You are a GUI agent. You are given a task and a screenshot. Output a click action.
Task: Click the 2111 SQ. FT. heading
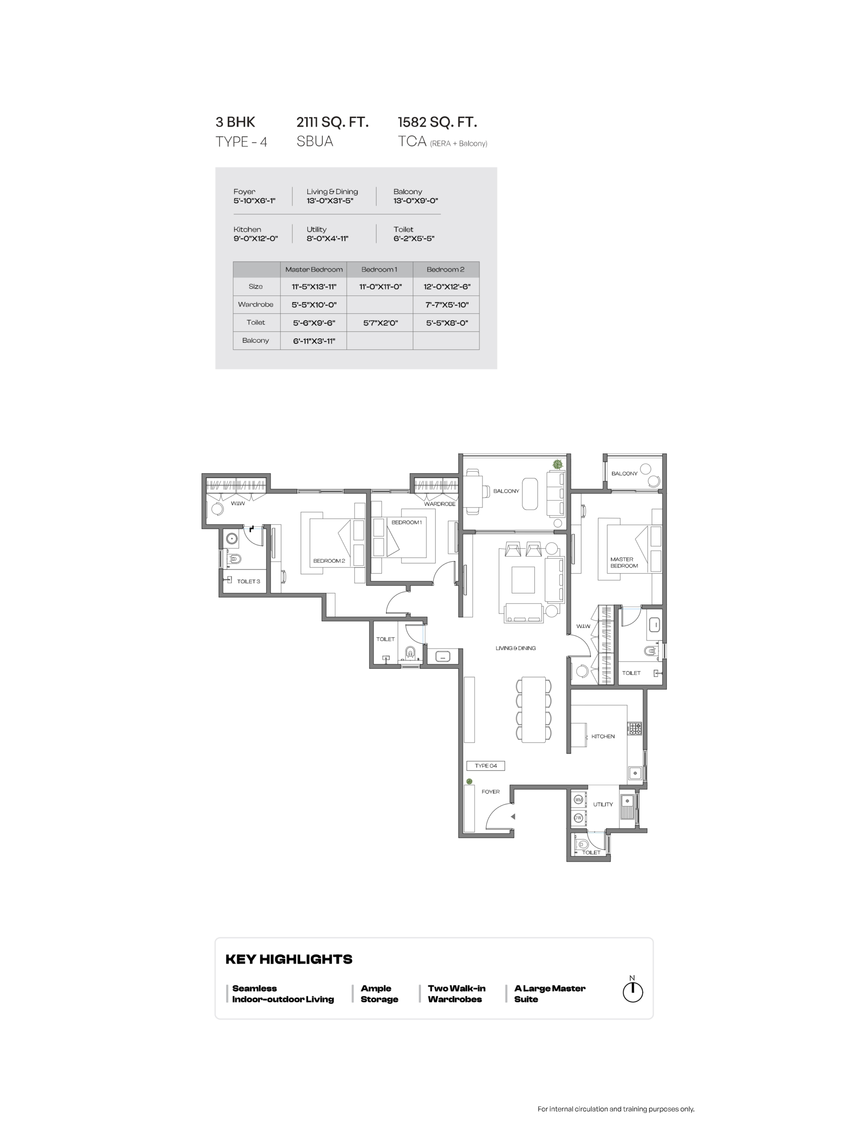(332, 122)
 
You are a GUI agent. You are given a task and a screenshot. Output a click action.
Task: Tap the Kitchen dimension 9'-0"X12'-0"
(256, 238)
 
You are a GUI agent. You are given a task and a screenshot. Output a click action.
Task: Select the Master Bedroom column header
(313, 270)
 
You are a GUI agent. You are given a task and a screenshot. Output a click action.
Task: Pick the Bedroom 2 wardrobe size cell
(446, 305)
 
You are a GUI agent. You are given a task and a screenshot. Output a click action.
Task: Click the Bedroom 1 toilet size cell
(380, 323)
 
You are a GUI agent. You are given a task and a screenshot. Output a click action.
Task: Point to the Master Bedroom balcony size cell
(313, 341)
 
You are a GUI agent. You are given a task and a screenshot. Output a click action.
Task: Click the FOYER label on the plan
(490, 792)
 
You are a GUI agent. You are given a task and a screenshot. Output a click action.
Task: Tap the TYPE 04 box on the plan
(485, 766)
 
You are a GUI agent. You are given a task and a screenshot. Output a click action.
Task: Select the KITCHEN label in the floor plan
(602, 736)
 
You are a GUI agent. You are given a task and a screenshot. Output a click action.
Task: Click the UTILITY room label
(602, 804)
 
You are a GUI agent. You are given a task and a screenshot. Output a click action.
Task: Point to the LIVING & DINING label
(515, 648)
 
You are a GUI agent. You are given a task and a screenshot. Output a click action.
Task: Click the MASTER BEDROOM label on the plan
(623, 563)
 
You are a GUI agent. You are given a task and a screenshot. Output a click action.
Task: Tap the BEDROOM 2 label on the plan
(329, 561)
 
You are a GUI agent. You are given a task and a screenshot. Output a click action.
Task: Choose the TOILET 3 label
(248, 581)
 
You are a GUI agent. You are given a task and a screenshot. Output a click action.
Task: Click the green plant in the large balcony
(557, 465)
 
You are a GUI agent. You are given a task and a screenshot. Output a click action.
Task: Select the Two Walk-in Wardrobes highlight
(456, 994)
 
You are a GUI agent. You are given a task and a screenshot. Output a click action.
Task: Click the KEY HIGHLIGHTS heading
(289, 959)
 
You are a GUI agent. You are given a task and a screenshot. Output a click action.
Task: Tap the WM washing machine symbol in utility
(578, 800)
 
